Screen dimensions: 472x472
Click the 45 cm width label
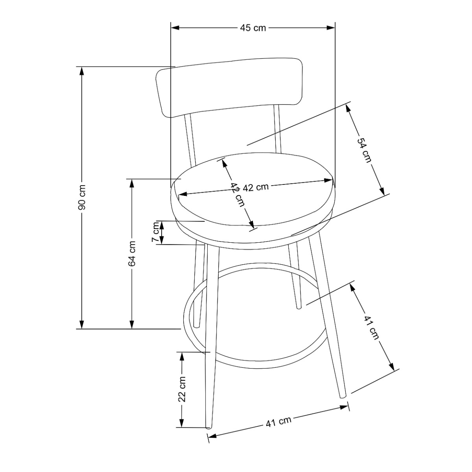pyautogui.click(x=253, y=28)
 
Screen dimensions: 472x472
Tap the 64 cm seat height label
pyautogui.click(x=132, y=254)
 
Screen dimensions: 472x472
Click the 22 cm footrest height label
pyautogui.click(x=182, y=389)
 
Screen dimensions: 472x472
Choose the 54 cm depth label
pyautogui.click(x=364, y=150)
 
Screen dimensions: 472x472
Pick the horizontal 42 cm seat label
pyautogui.click(x=256, y=187)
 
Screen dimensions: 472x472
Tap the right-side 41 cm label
pyautogui.click(x=371, y=328)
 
